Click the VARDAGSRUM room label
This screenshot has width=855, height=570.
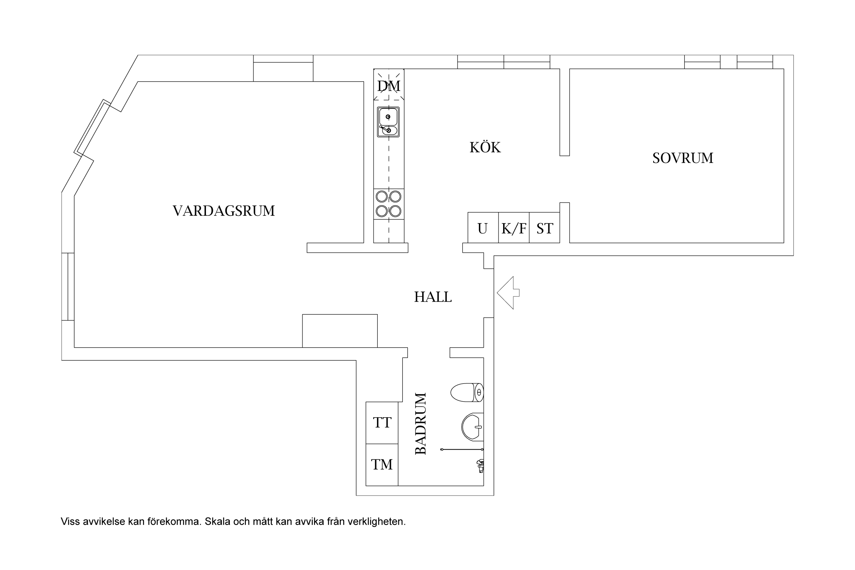tap(223, 211)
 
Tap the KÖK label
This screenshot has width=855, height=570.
tap(485, 147)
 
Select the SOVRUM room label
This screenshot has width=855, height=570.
tap(682, 158)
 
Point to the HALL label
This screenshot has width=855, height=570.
tap(433, 297)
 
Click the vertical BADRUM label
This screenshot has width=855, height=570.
tap(421, 424)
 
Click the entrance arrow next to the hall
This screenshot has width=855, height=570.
tap(507, 293)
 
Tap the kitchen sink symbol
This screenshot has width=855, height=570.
tap(388, 122)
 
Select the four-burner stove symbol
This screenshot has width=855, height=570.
tap(388, 204)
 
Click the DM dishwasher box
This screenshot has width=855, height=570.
tap(389, 85)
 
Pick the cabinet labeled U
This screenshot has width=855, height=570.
tap(483, 228)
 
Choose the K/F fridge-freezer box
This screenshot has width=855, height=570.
tap(514, 228)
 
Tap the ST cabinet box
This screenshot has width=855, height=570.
tap(545, 228)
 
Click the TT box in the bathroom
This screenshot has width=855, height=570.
tap(382, 423)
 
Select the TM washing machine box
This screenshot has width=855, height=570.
tap(382, 464)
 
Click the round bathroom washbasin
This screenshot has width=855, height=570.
tap(472, 427)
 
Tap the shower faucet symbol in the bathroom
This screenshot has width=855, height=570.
tap(480, 465)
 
